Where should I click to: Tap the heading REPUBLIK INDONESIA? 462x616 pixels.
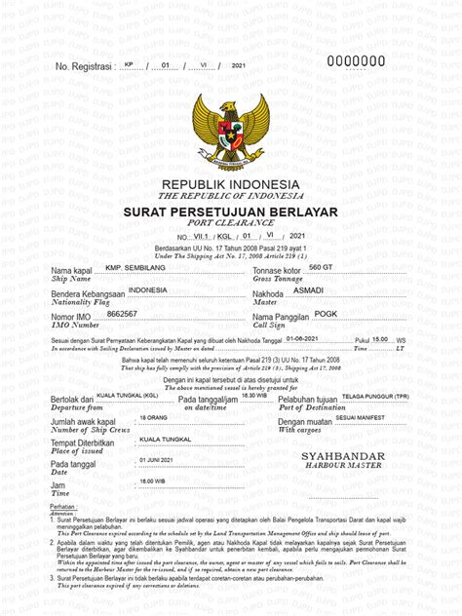(230, 185)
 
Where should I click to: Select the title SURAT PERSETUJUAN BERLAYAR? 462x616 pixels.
(230, 212)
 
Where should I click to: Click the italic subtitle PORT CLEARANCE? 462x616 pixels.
(231, 223)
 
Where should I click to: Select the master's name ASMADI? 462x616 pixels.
(311, 291)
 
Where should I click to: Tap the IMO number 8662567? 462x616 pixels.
(122, 314)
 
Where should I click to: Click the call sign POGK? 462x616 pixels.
(312, 314)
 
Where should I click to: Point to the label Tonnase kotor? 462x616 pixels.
(280, 270)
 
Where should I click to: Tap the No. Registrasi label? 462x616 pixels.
(86, 66)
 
